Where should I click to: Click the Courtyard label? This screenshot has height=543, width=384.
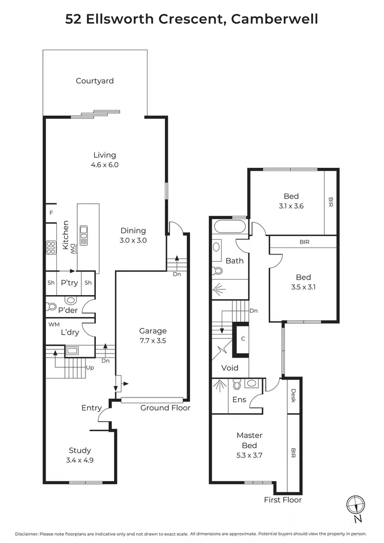click(x=95, y=81)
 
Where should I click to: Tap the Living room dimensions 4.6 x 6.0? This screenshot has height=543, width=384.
click(x=104, y=165)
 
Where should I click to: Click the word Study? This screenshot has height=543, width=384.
click(x=80, y=450)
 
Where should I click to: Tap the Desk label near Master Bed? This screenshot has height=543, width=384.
click(x=293, y=395)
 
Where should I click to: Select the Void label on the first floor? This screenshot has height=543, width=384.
click(x=229, y=368)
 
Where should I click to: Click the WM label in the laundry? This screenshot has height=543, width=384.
click(x=54, y=324)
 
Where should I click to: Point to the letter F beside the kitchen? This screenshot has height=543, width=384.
click(x=51, y=213)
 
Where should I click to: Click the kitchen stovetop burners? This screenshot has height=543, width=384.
click(x=51, y=248)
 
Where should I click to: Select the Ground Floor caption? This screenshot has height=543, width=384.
click(x=165, y=408)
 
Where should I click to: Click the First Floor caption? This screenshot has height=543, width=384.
click(x=283, y=499)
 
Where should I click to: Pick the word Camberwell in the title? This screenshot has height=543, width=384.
click(x=274, y=19)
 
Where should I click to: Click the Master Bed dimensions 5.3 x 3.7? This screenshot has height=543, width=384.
click(x=249, y=454)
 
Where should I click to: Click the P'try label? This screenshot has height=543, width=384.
click(x=69, y=283)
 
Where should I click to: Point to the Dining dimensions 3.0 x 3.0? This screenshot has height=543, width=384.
click(x=133, y=240)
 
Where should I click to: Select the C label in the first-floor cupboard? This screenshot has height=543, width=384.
click(x=243, y=339)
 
